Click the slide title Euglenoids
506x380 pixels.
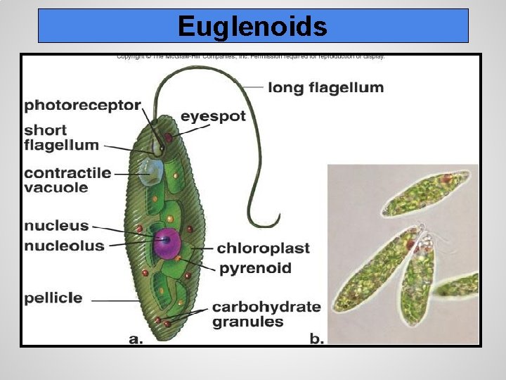pyautogui.click(x=252, y=27)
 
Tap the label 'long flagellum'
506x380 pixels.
pyautogui.click(x=326, y=88)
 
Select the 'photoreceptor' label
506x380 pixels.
pyautogui.click(x=83, y=106)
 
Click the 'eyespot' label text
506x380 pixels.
pyautogui.click(x=213, y=116)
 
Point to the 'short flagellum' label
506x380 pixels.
pyautogui.click(x=61, y=138)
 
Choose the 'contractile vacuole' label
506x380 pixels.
pyautogui.click(x=67, y=180)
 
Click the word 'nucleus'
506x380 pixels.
pyautogui.click(x=56, y=226)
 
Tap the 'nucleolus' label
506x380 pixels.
pyautogui.click(x=64, y=246)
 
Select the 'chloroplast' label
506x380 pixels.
pyautogui.click(x=263, y=248)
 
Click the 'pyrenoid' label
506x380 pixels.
pyautogui.click(x=254, y=268)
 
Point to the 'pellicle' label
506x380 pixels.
pyautogui.click(x=53, y=298)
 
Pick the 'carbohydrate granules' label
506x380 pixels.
pyautogui.click(x=266, y=315)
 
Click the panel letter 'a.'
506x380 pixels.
pyautogui.click(x=136, y=338)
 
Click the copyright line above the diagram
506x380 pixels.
pyautogui.click(x=251, y=56)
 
